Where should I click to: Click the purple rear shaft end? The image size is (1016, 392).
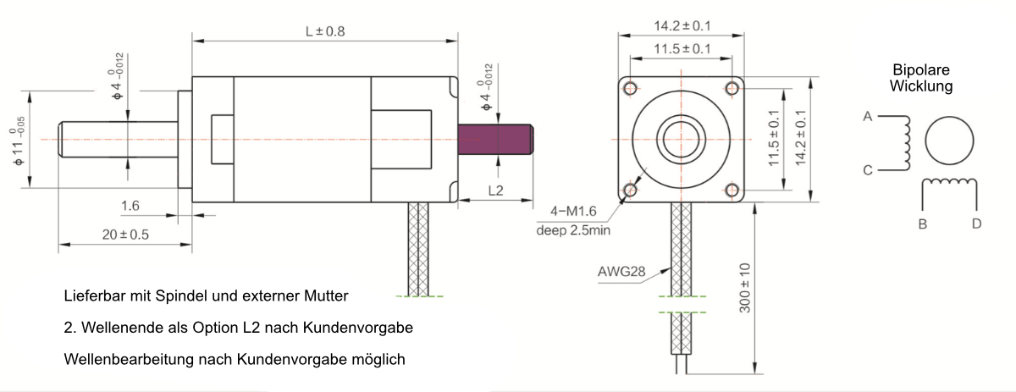click(x=494, y=140)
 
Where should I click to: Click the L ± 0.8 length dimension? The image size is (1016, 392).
click(x=325, y=31)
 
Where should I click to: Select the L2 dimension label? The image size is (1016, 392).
click(x=495, y=190)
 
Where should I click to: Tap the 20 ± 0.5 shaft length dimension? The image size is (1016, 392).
click(x=125, y=235)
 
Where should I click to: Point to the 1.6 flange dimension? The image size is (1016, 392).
click(x=130, y=205)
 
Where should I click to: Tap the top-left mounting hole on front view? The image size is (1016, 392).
click(x=631, y=87)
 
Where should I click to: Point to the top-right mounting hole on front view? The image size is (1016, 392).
click(x=732, y=87)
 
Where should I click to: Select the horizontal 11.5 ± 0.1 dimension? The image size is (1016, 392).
click(x=682, y=48)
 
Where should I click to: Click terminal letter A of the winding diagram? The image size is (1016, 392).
click(x=868, y=117)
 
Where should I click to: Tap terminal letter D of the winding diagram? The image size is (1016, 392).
click(x=976, y=224)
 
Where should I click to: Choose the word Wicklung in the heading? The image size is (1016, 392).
click(x=923, y=86)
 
